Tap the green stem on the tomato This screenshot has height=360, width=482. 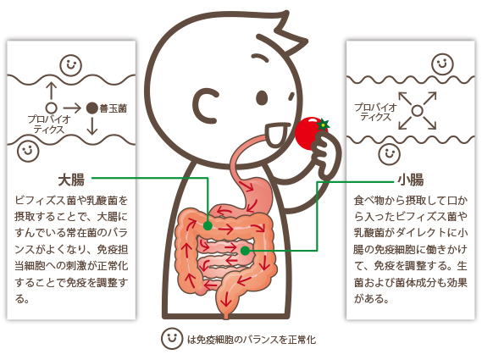click(x=324, y=125)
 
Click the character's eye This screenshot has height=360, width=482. click(x=262, y=97)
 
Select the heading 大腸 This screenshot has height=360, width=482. click(x=71, y=180)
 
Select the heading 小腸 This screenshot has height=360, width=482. click(x=410, y=180)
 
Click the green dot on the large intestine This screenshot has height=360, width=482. click(x=208, y=226)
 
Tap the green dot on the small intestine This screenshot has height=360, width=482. click(x=245, y=251)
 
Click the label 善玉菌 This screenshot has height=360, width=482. click(x=114, y=108)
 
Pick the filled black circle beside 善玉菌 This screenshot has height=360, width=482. click(x=92, y=108)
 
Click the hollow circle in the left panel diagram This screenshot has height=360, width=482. click(x=52, y=108)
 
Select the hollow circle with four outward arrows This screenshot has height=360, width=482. click(x=417, y=110)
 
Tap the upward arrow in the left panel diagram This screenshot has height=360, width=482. click(x=52, y=91)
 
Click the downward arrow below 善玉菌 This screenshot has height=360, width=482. click(x=92, y=126)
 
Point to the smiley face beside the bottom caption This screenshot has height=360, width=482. click(x=172, y=339)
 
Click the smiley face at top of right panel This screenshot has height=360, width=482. click(x=442, y=64)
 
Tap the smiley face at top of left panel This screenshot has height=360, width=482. click(x=70, y=65)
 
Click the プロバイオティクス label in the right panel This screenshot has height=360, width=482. click(x=375, y=112)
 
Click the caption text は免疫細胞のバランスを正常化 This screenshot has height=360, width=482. click(x=252, y=340)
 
